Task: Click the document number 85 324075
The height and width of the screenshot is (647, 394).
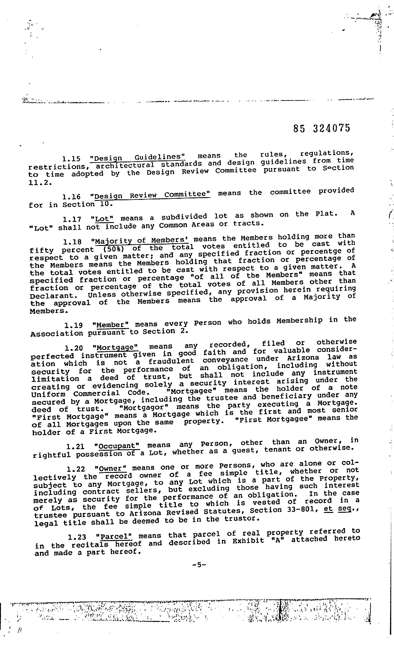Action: click(x=322, y=128)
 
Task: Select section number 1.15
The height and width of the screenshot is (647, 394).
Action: click(x=71, y=159)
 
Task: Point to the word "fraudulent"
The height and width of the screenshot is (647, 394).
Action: click(x=171, y=361)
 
